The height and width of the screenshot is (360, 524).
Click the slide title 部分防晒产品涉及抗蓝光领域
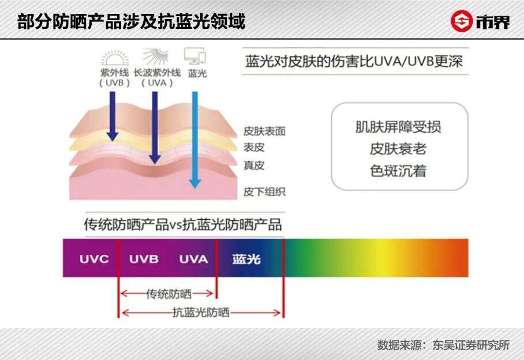(132, 22)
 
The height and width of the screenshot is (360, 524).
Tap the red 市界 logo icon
(461, 22)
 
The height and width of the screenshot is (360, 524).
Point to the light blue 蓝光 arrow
(194, 138)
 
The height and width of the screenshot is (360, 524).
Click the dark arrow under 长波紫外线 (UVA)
(154, 127)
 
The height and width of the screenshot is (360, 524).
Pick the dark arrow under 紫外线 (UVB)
(112, 115)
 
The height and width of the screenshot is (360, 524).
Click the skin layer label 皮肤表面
(264, 132)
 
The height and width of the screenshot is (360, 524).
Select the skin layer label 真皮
(254, 166)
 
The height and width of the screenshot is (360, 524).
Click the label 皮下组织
(264, 192)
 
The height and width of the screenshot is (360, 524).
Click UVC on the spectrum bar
(94, 259)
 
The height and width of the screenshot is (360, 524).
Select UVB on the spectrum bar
(144, 259)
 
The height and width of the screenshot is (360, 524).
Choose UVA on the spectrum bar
(193, 259)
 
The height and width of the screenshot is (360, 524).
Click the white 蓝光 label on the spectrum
(246, 259)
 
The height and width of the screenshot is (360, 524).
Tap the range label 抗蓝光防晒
(201, 313)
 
